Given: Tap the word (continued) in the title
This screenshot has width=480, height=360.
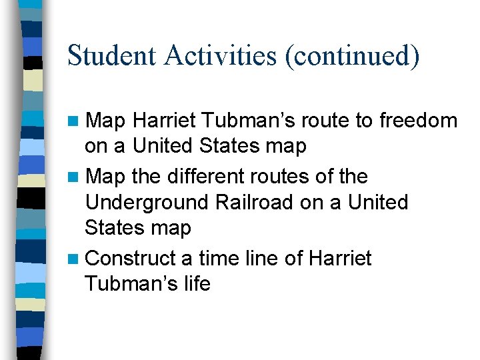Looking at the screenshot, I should tap(353, 55).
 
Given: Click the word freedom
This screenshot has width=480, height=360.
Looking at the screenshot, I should tap(419, 121).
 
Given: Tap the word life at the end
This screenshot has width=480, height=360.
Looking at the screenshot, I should tap(197, 284).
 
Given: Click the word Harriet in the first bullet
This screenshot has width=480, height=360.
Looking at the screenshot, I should tap(155, 121).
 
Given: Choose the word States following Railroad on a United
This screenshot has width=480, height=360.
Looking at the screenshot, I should tap(115, 228).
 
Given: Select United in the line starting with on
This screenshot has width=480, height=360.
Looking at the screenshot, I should tap(169, 145).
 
